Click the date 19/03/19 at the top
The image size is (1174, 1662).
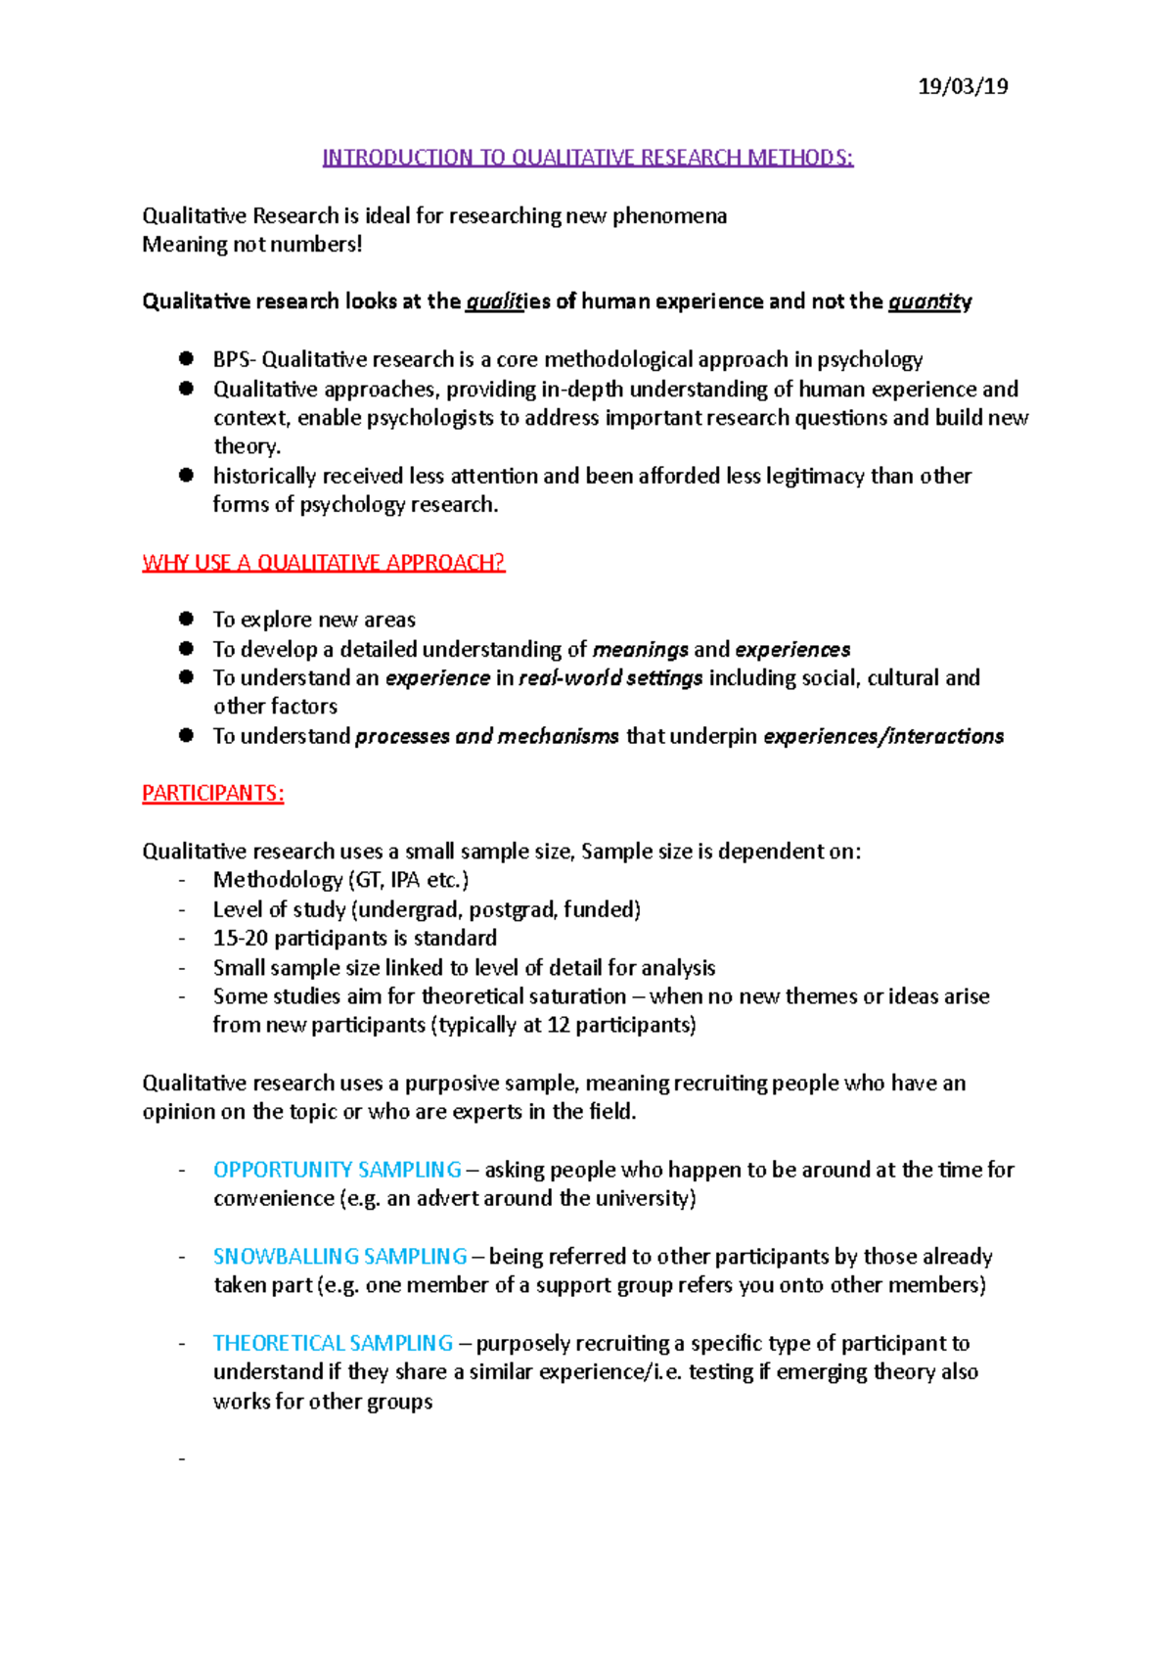pyautogui.click(x=963, y=86)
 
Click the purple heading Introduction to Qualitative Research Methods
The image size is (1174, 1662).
pyautogui.click(x=588, y=158)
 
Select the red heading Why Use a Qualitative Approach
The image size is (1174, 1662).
pyautogui.click(x=323, y=563)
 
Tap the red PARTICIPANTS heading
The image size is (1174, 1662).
pyautogui.click(x=213, y=794)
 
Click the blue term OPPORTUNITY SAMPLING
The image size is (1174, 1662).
pyautogui.click(x=338, y=1170)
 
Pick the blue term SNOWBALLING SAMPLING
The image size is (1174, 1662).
pyautogui.click(x=339, y=1256)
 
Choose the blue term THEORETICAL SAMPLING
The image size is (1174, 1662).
pyautogui.click(x=333, y=1343)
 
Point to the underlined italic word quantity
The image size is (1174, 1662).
pyautogui.click(x=929, y=301)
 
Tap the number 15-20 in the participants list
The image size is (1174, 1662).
pyautogui.click(x=240, y=938)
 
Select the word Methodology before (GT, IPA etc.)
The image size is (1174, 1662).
pyautogui.click(x=278, y=880)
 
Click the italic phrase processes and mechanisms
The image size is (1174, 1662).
pyautogui.click(x=486, y=736)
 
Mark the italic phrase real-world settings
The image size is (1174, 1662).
pyautogui.click(x=610, y=678)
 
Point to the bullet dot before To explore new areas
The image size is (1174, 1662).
pyautogui.click(x=186, y=619)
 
